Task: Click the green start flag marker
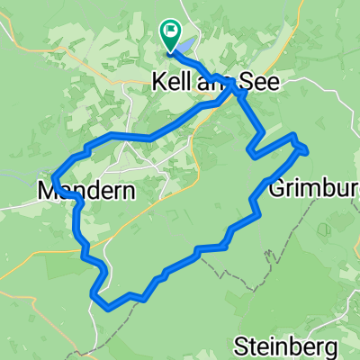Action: [x=169, y=33]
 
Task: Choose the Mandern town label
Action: [x=86, y=191]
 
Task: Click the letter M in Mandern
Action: [x=47, y=191]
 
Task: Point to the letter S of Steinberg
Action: [x=240, y=345]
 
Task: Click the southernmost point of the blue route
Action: [x=109, y=307]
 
